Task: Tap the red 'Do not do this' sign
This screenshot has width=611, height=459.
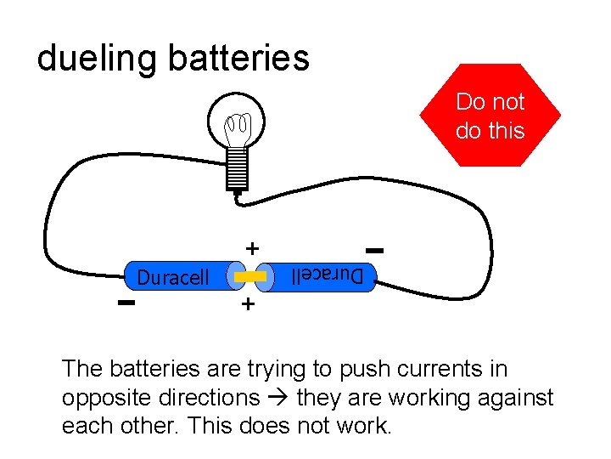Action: click(x=490, y=116)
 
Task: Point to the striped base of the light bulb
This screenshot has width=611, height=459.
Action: click(x=238, y=167)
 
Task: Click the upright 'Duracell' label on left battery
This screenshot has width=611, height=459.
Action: click(x=173, y=278)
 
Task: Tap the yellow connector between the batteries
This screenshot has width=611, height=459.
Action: click(x=251, y=277)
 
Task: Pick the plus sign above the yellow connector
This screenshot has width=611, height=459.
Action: click(x=251, y=248)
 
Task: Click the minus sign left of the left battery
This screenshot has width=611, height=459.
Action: click(x=126, y=303)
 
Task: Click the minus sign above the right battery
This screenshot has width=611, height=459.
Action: click(x=374, y=250)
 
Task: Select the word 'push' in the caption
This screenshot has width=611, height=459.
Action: click(x=362, y=370)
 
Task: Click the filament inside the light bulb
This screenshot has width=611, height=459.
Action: click(x=237, y=129)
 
